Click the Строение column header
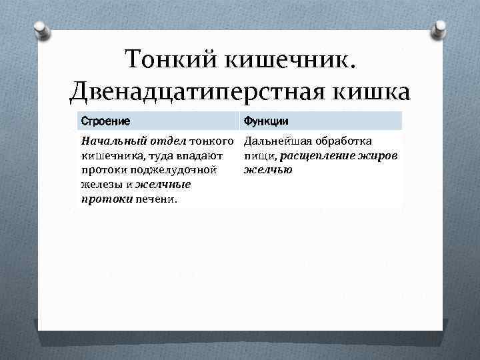(x=105, y=121)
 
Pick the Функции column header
(x=265, y=121)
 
